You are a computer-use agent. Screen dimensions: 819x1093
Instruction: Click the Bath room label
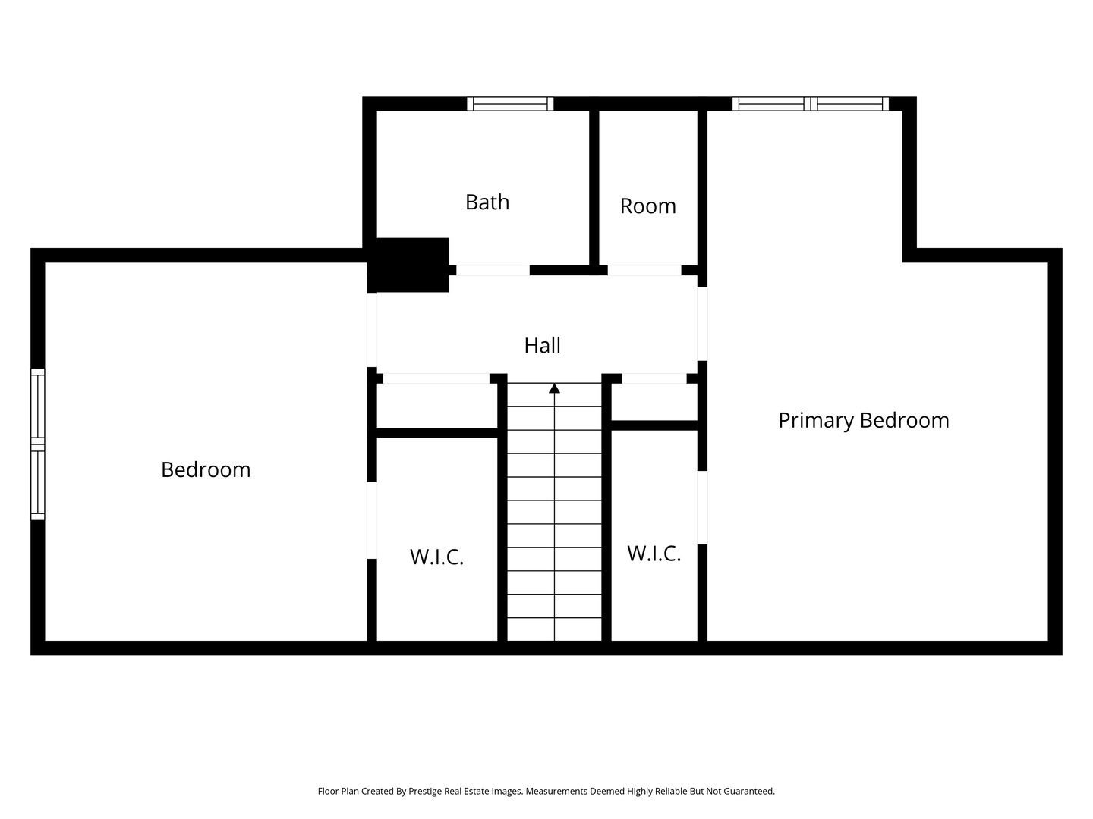[x=487, y=202]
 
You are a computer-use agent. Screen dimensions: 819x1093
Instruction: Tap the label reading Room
[x=647, y=206]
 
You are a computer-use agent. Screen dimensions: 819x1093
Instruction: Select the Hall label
[x=542, y=346]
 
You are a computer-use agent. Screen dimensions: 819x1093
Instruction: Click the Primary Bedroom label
[x=863, y=420]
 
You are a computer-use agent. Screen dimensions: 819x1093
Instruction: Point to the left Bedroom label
[x=206, y=469]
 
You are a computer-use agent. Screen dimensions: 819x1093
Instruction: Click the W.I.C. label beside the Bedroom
[x=436, y=557]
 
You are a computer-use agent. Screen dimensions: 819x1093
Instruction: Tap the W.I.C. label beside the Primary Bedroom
[x=654, y=554]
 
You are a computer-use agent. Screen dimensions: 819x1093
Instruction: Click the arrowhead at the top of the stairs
[x=555, y=388]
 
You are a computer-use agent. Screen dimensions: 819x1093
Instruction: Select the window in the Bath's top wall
[x=510, y=104]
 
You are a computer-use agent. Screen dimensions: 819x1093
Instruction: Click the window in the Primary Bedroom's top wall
[x=810, y=104]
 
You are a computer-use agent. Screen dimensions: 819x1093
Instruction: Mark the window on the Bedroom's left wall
[x=37, y=444]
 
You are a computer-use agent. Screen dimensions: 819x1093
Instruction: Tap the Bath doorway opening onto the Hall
[x=492, y=270]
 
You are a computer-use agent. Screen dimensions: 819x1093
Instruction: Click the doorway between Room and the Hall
[x=644, y=270]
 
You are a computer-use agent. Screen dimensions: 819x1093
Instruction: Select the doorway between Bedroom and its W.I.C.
[x=372, y=520]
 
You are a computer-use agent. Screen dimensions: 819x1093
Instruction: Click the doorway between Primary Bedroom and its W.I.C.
[x=703, y=507]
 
